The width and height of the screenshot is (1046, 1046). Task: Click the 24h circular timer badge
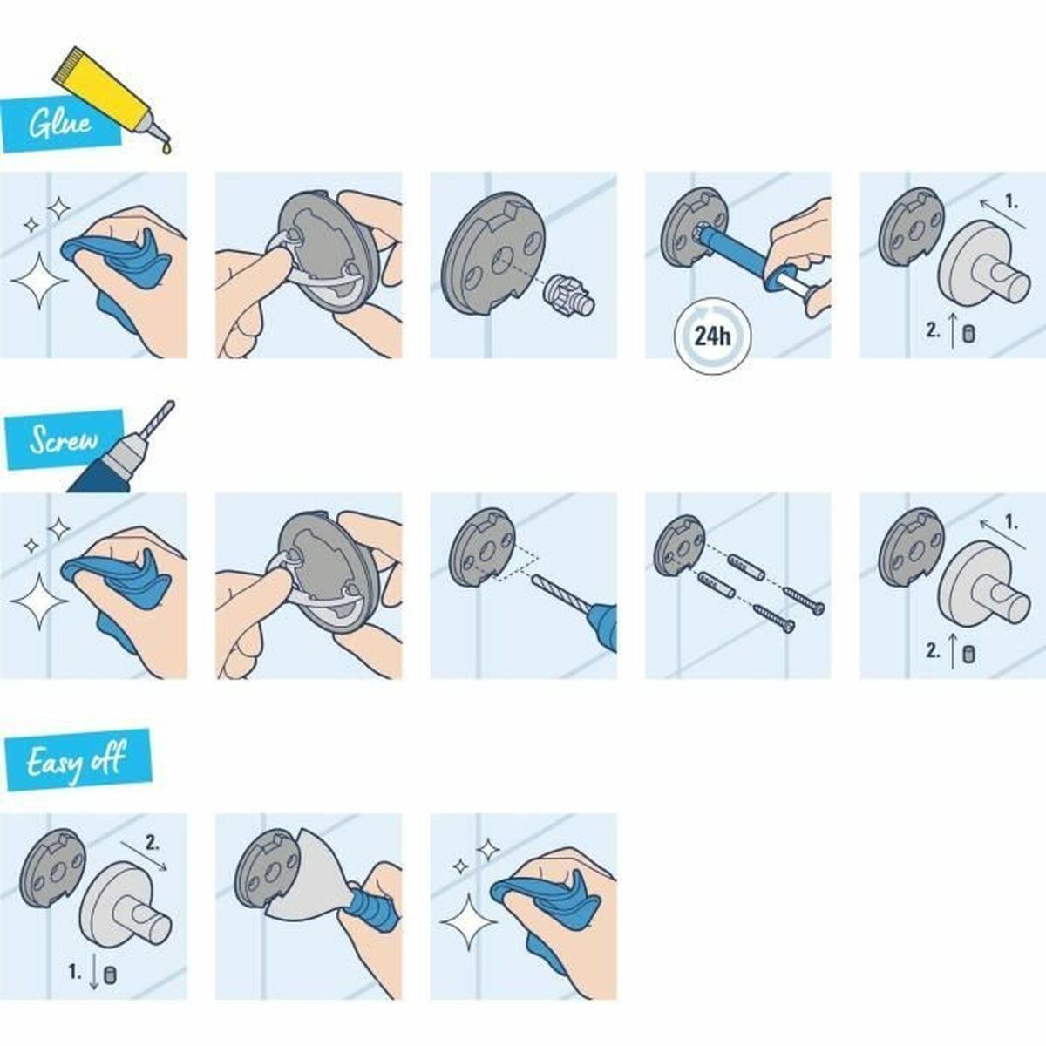712,336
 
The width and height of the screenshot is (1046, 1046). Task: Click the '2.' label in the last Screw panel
933,650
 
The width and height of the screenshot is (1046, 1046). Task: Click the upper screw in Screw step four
805,601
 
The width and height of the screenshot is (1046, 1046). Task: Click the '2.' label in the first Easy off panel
152,844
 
